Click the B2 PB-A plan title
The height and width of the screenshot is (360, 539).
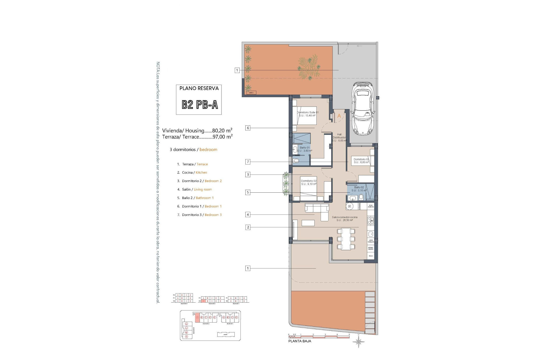click(200, 105)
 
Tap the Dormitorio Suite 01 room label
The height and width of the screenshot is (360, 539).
click(308, 114)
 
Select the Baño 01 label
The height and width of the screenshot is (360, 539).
click(305, 149)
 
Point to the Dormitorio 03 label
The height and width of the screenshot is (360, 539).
click(361, 161)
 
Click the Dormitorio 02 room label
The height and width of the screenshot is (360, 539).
click(309, 182)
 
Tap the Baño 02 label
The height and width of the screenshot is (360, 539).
click(359, 189)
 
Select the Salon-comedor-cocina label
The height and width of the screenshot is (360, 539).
click(344, 219)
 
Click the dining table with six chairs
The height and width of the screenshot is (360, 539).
click(346, 239)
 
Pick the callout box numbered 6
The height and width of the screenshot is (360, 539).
click(248, 128)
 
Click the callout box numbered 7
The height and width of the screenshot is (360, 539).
click(248, 162)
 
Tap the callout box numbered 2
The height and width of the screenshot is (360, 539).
click(248, 227)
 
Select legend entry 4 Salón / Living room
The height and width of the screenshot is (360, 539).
click(195, 190)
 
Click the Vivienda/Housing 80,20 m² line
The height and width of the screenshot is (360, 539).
click(197, 130)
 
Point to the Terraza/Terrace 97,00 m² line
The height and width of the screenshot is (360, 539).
click(197, 137)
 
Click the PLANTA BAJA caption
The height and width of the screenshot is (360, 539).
click(300, 341)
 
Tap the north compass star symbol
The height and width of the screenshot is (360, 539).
click(359, 342)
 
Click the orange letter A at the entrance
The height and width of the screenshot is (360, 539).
click(339, 116)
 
